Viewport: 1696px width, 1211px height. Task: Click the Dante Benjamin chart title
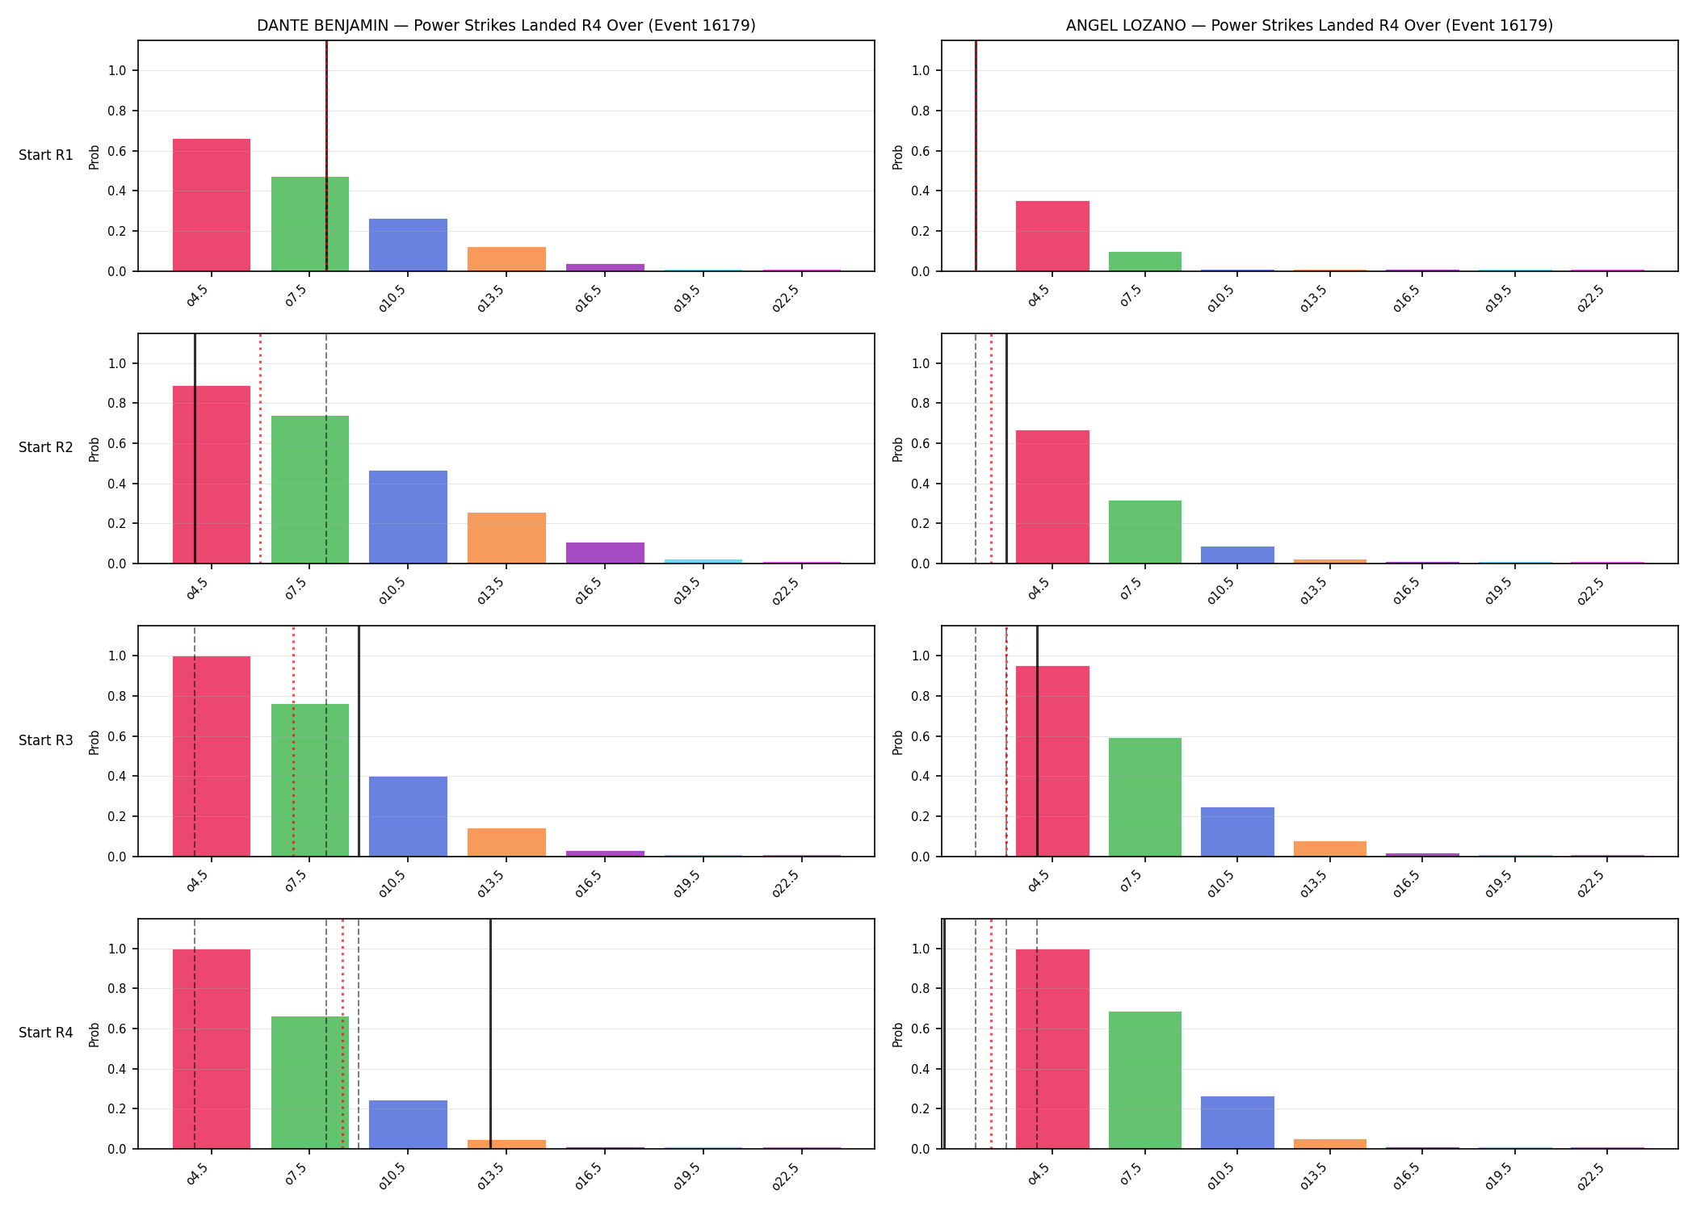pos(506,25)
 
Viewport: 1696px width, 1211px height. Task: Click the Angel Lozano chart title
pos(1309,25)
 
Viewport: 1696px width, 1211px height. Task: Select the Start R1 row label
pos(46,155)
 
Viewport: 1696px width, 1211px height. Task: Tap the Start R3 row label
pos(46,740)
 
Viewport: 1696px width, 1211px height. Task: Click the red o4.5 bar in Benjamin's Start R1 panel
pos(212,205)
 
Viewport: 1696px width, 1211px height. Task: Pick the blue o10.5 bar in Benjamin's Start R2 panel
pos(408,517)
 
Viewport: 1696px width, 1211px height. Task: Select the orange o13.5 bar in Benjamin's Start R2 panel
pos(506,538)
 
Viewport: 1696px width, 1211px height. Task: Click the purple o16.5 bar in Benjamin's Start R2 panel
pos(605,553)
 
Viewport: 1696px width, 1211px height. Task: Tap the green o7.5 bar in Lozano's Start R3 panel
pos(1145,797)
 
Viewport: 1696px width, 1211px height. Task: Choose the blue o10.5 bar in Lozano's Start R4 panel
pos(1237,1122)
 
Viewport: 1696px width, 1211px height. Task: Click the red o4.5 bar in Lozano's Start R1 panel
pos(1052,236)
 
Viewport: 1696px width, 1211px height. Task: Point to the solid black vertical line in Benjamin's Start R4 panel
pos(490,1033)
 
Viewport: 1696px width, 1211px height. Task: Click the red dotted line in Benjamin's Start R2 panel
pos(260,448)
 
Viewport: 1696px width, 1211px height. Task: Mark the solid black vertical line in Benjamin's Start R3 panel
pos(359,741)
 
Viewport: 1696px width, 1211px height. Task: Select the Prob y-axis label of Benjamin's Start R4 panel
pos(94,1034)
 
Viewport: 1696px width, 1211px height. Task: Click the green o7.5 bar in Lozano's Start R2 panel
pos(1145,532)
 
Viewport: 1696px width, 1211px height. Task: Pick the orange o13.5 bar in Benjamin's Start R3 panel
pos(506,842)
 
